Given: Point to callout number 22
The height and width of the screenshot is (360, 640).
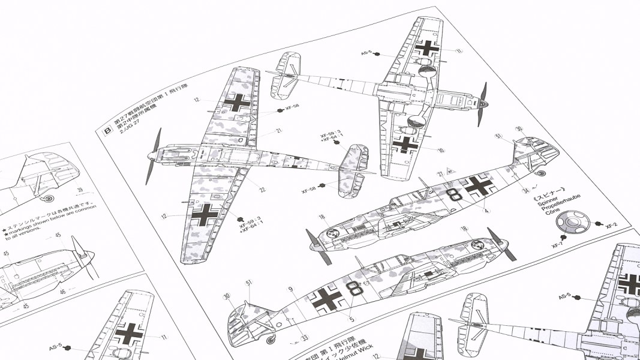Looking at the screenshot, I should point(262,190).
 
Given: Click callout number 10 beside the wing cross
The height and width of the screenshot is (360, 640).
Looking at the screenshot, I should point(441,150).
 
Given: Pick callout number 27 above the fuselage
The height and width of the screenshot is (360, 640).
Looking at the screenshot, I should point(440,174).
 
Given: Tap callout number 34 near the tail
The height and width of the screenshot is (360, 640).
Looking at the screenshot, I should point(525,191).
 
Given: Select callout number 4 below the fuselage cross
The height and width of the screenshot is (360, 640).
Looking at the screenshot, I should point(486,211).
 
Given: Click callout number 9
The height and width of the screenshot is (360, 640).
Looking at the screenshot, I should point(290,290).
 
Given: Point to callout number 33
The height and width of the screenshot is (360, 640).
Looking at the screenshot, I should point(305,338).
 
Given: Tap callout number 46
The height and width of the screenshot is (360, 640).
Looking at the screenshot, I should point(62,292).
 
